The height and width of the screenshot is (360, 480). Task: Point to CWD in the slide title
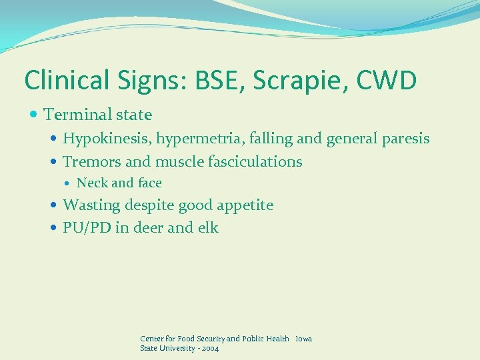tap(386, 80)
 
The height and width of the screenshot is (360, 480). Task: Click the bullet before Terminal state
tap(34, 115)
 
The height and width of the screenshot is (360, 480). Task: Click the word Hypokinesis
tap(107, 139)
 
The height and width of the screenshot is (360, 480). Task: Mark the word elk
tap(207, 227)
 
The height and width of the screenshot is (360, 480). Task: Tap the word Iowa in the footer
tap(303, 339)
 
